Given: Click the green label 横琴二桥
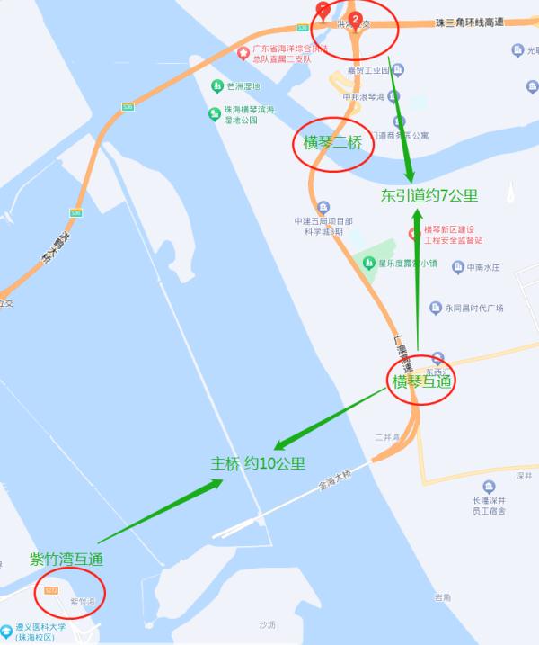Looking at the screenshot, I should (332, 143).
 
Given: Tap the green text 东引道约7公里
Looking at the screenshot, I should (429, 194).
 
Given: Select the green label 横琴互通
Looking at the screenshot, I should (421, 381).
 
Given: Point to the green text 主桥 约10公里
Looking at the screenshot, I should (258, 464).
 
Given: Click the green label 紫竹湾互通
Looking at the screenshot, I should (66, 559).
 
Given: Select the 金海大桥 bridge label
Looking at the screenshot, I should (334, 478).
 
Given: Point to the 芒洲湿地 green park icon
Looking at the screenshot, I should (217, 86).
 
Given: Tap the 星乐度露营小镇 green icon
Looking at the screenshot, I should (368, 262).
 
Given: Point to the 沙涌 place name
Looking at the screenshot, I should (266, 623).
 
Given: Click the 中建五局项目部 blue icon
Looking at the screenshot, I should (324, 206).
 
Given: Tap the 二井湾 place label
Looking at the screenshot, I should (386, 437).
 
